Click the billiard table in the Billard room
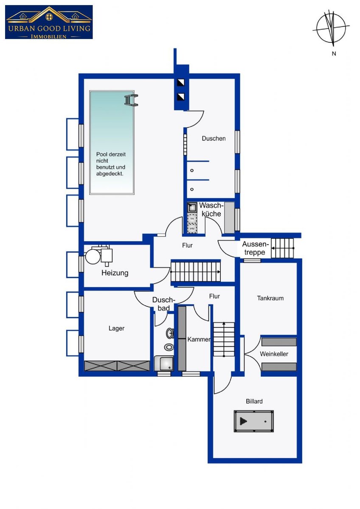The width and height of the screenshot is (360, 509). tap(253, 421)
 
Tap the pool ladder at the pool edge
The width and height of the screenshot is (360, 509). tap(131, 100)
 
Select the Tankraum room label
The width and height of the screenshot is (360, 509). tap(270, 298)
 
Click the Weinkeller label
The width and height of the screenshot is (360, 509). tap(274, 354)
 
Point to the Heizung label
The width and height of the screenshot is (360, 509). tap(115, 273)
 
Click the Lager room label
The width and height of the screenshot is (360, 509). tap(116, 328)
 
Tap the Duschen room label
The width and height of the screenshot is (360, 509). tap(214, 138)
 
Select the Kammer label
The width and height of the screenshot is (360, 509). tap(199, 339)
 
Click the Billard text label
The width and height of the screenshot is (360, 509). tap(254, 401)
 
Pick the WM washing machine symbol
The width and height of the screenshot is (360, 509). tap(192, 229)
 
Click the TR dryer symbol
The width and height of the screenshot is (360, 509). tap(192, 218)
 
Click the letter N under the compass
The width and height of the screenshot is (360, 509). tap(334, 54)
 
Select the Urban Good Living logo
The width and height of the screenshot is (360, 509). tap(49, 22)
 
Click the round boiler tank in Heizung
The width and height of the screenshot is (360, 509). tap(93, 256)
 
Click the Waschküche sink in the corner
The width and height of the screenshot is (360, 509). tap(192, 207)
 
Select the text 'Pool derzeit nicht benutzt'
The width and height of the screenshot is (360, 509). tap(111, 161)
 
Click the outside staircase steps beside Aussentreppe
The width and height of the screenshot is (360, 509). tap(282, 248)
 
